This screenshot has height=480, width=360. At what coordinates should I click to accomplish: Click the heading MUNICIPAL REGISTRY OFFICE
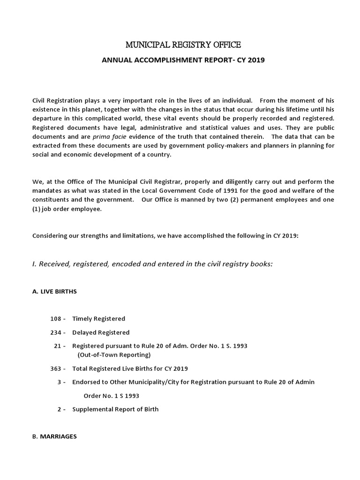183,45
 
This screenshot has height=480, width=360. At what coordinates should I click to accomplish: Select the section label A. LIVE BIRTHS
54,292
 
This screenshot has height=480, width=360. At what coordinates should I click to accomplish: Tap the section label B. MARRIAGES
54,436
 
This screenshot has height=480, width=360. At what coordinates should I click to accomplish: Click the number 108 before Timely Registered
56,319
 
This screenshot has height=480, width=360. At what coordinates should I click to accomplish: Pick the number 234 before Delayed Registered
56,332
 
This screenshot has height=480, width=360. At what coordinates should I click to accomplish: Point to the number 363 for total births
56,368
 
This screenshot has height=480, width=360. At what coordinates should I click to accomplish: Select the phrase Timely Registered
98,319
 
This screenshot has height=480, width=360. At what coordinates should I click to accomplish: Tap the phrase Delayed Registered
101,332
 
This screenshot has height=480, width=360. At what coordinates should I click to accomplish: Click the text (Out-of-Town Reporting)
114,354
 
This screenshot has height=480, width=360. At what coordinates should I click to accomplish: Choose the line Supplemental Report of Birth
115,409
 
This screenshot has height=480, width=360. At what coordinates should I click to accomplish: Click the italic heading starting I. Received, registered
152,264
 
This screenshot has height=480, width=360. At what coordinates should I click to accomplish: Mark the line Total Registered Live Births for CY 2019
130,368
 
